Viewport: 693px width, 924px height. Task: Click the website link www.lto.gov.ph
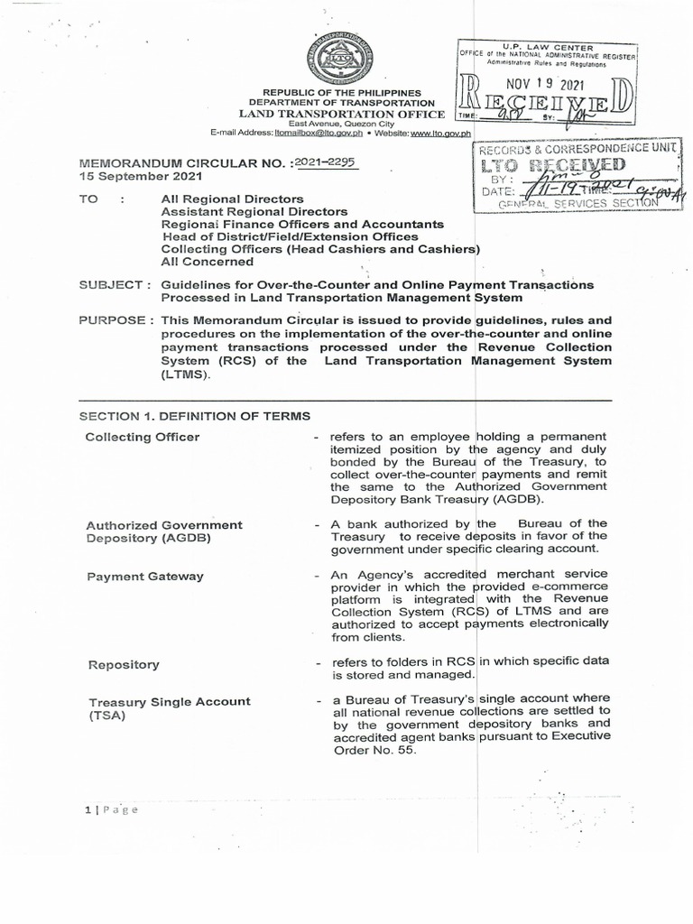click(436, 133)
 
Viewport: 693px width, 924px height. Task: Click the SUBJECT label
click(111, 285)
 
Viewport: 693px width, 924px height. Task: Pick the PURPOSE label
click(114, 320)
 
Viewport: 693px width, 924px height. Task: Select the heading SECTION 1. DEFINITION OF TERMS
click(194, 416)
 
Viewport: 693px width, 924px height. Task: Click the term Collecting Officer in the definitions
click(143, 438)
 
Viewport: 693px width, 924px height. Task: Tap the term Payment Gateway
click(144, 577)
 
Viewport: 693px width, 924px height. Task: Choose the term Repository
click(124, 665)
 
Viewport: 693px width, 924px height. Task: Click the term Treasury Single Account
click(168, 701)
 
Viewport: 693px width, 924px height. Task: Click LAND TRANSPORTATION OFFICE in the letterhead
click(341, 115)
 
